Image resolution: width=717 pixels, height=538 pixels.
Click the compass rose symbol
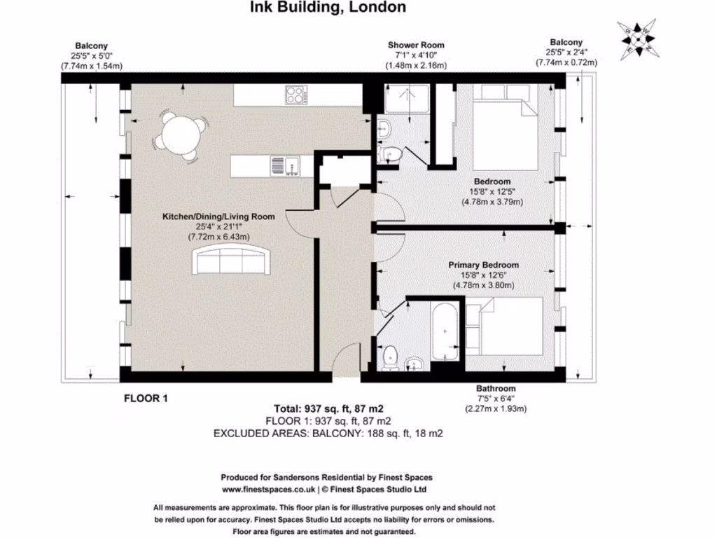pyautogui.click(x=638, y=39)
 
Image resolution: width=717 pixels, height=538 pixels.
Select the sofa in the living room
pyautogui.click(x=232, y=259)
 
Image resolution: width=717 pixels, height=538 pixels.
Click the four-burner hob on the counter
pyautogui.click(x=296, y=95)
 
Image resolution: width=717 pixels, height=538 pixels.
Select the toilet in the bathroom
pyautogui.click(x=390, y=357)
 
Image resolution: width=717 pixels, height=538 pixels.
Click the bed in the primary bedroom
pyautogui.click(x=504, y=326)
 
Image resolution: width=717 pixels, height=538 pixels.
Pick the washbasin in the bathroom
pyautogui.click(x=415, y=364)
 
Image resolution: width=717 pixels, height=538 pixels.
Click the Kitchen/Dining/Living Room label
pyautogui.click(x=218, y=216)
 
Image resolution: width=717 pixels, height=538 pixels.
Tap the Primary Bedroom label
pyautogui.click(x=483, y=265)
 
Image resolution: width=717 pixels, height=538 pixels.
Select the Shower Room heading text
pyautogui.click(x=416, y=45)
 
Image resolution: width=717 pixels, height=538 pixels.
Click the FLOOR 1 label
pyautogui.click(x=146, y=399)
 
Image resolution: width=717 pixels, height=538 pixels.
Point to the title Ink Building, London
pyautogui.click(x=328, y=7)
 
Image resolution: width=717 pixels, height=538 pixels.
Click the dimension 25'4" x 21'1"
pyautogui.click(x=218, y=227)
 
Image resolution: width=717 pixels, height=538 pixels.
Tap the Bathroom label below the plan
pyautogui.click(x=496, y=388)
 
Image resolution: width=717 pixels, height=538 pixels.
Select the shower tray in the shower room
pyautogui.click(x=407, y=98)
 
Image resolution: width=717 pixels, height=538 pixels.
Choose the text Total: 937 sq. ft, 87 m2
pyautogui.click(x=328, y=409)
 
